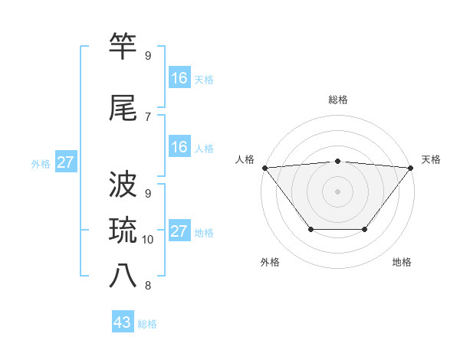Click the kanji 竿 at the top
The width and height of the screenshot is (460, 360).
[x=123, y=47]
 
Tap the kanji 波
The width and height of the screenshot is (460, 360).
[x=123, y=185]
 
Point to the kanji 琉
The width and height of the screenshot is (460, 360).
[x=123, y=230]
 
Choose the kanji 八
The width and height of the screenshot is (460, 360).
[x=123, y=276]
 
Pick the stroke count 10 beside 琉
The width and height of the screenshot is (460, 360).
[x=148, y=240]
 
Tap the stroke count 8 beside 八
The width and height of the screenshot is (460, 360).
[x=147, y=286]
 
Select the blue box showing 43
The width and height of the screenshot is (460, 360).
[x=123, y=322]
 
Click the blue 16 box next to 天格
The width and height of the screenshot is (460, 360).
[x=179, y=78]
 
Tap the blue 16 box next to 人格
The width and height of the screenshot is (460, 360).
[x=179, y=147]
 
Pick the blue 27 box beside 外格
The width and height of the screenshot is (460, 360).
[x=65, y=162]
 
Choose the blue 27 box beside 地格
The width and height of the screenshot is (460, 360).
[x=179, y=231]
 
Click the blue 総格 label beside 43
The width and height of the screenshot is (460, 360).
[x=147, y=324]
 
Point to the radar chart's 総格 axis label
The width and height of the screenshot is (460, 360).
[x=337, y=100]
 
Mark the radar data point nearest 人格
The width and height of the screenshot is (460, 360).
[x=264, y=168]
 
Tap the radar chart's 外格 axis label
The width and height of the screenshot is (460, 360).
[x=270, y=262]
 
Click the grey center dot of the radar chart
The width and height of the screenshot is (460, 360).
[x=337, y=191]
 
